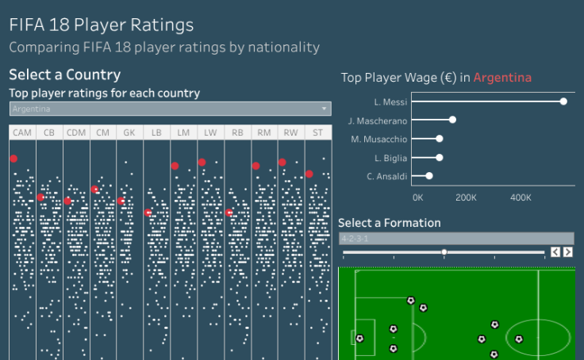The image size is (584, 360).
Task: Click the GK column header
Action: coord(130,132)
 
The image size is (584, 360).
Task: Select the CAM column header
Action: coord(23,132)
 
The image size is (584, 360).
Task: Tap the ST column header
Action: coord(318,132)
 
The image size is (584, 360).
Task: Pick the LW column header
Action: coord(210,132)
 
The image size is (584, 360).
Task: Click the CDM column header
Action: coord(76,132)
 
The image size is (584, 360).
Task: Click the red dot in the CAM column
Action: coord(13,159)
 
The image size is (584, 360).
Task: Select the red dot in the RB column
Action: coord(229,213)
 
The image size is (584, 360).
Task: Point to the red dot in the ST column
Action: coord(309,174)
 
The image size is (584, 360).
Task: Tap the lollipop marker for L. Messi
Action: coord(563,101)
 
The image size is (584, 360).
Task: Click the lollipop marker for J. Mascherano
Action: coord(452,120)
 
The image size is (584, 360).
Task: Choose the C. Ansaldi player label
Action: coord(387,176)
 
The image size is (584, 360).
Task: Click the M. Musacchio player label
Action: coord(379,139)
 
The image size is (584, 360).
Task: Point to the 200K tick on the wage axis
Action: coord(466,197)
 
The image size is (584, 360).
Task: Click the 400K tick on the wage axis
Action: coord(521,197)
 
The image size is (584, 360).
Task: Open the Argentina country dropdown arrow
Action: coord(325,109)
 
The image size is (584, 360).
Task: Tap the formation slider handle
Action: coord(444,252)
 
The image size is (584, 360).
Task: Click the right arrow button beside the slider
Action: coord(567,252)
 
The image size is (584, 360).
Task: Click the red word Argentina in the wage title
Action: coord(502,78)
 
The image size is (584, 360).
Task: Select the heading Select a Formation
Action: coord(390,223)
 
